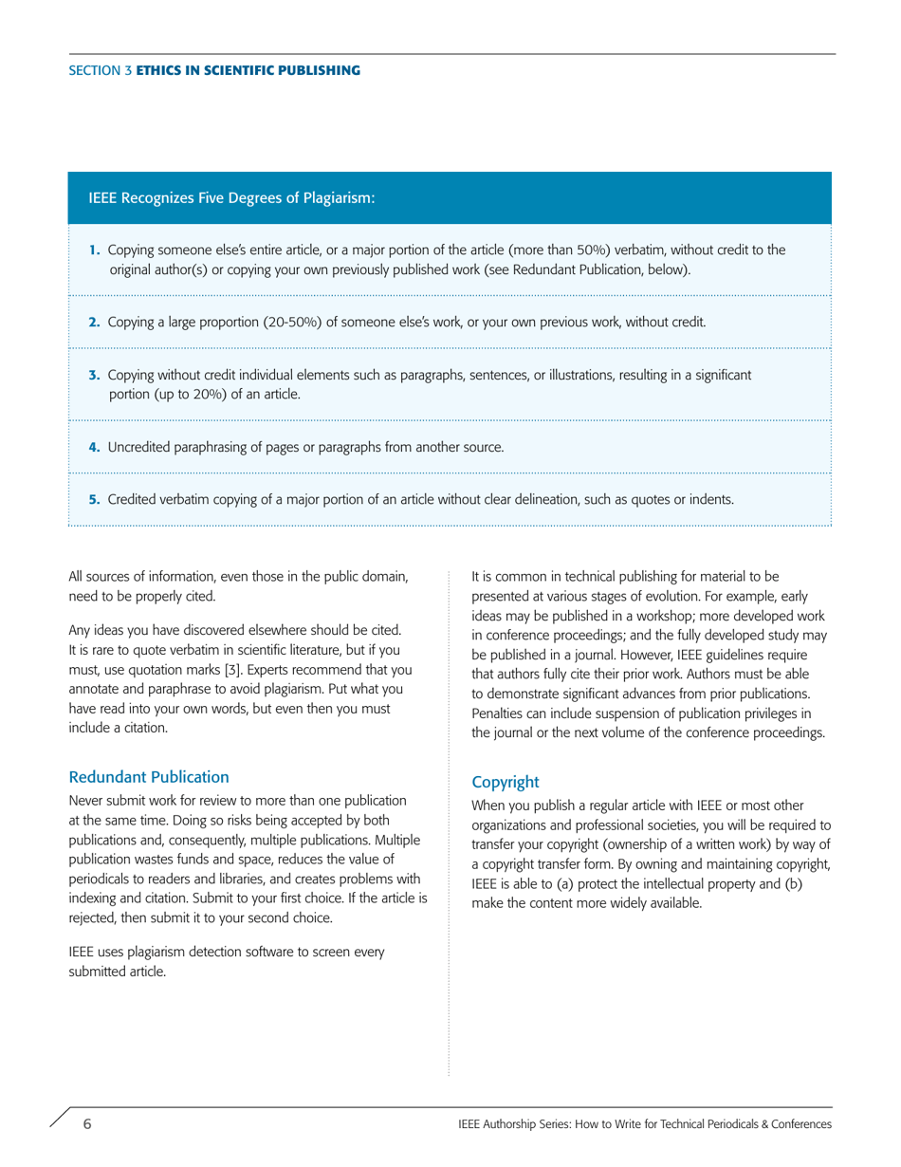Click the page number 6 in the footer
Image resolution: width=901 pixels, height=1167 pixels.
coord(87,1124)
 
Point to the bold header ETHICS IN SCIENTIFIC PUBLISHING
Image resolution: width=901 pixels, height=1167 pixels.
coord(248,71)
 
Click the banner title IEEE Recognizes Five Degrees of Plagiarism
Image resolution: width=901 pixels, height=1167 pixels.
coord(231,198)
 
